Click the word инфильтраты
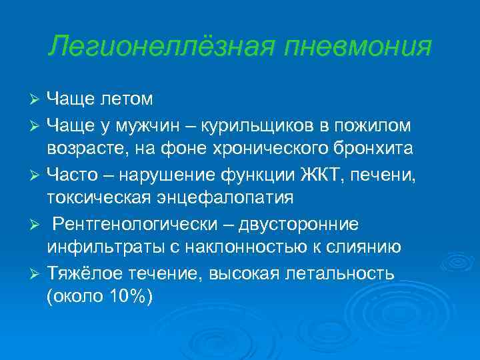click(99, 247)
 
